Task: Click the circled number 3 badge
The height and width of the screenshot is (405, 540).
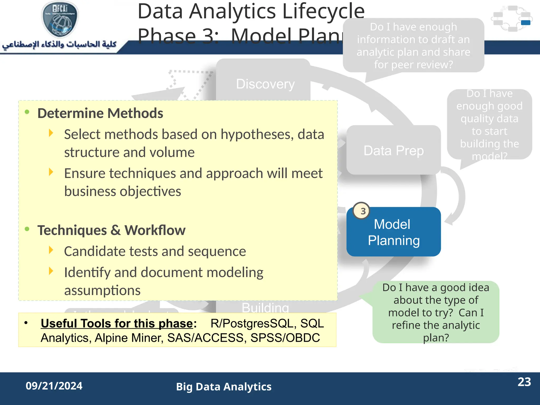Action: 362,211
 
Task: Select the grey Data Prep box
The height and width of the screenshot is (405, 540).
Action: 393,150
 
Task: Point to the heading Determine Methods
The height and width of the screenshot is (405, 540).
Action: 100,113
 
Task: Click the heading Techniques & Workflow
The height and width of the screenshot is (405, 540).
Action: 111,230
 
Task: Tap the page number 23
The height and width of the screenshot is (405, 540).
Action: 524,382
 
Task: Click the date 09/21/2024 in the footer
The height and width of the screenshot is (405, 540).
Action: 54,386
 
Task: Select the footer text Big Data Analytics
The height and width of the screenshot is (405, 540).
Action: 224,387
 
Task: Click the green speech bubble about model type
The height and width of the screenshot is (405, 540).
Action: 436,312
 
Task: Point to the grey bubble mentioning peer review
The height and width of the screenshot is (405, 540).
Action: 413,46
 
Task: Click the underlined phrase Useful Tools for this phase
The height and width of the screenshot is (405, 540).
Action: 117,324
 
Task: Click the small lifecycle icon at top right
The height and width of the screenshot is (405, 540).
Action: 512,18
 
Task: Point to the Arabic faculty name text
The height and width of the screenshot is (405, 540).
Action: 59,45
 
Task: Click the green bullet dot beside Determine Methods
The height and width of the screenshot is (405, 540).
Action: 27,112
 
